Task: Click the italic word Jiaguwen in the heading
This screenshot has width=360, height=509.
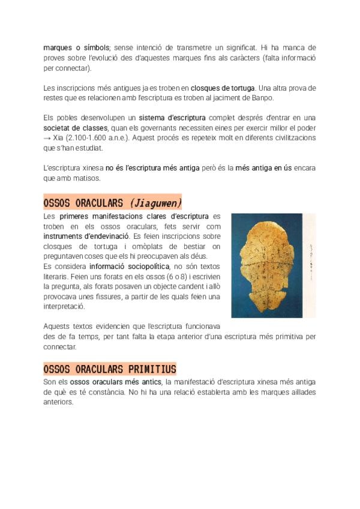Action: tap(155, 202)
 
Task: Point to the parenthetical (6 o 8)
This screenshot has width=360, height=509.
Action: tap(170, 276)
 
